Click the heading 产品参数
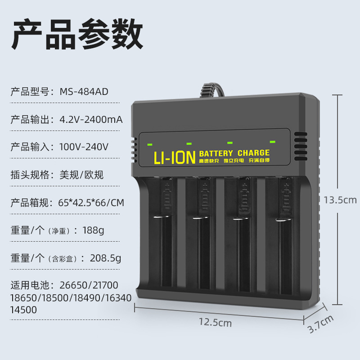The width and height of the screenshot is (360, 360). click(x=77, y=35)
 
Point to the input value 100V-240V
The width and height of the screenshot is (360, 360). click(x=84, y=147)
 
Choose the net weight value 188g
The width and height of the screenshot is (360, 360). click(x=93, y=230)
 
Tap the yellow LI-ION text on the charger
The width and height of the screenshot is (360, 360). click(x=174, y=157)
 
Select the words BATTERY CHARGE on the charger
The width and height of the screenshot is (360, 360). click(x=234, y=153)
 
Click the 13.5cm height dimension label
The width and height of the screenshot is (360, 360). click(x=340, y=200)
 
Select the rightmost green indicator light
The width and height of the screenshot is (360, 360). click(x=272, y=142)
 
